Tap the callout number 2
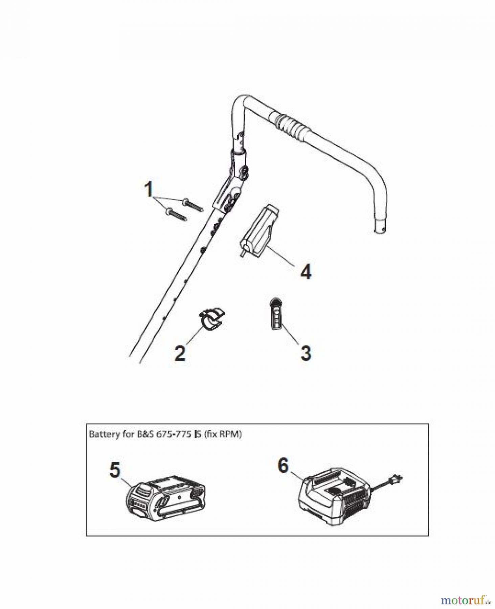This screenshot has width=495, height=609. [180, 353]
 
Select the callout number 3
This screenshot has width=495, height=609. [306, 353]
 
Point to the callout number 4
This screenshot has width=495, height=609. [306, 272]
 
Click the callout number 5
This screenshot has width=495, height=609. [115, 470]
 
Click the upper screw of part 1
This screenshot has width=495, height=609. [192, 205]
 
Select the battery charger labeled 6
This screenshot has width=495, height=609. [335, 496]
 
